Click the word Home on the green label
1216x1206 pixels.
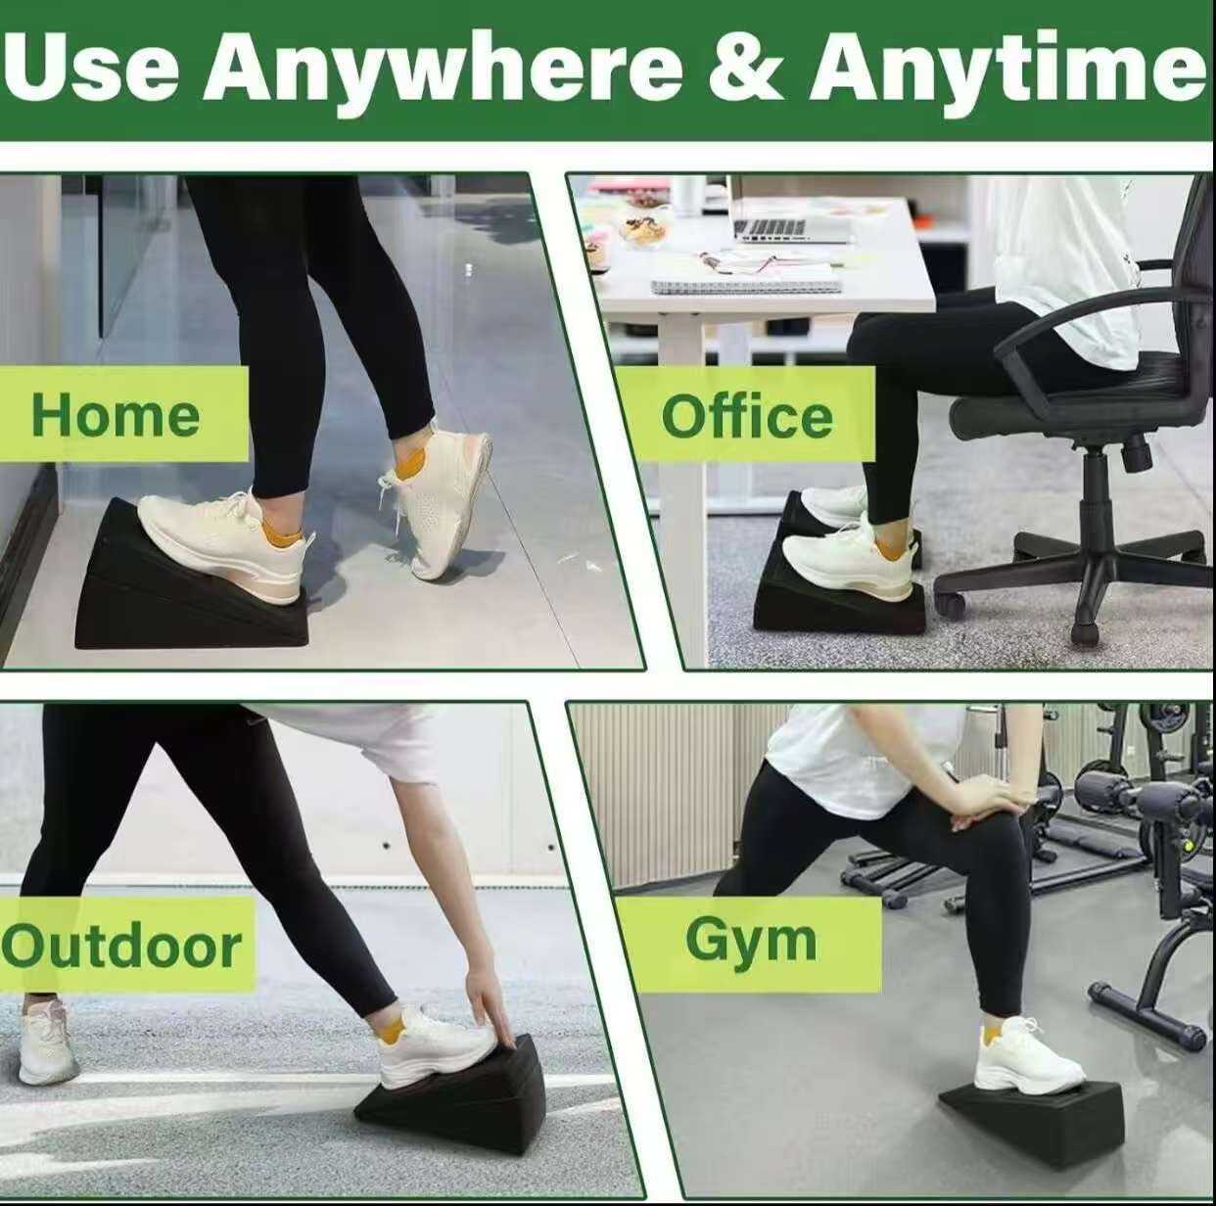pos(116,415)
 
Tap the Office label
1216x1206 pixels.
pos(747,417)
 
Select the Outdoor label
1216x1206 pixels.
pos(121,947)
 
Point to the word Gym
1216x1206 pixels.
pos(751,941)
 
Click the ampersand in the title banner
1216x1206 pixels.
pos(744,67)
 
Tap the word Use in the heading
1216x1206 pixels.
pos(93,67)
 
